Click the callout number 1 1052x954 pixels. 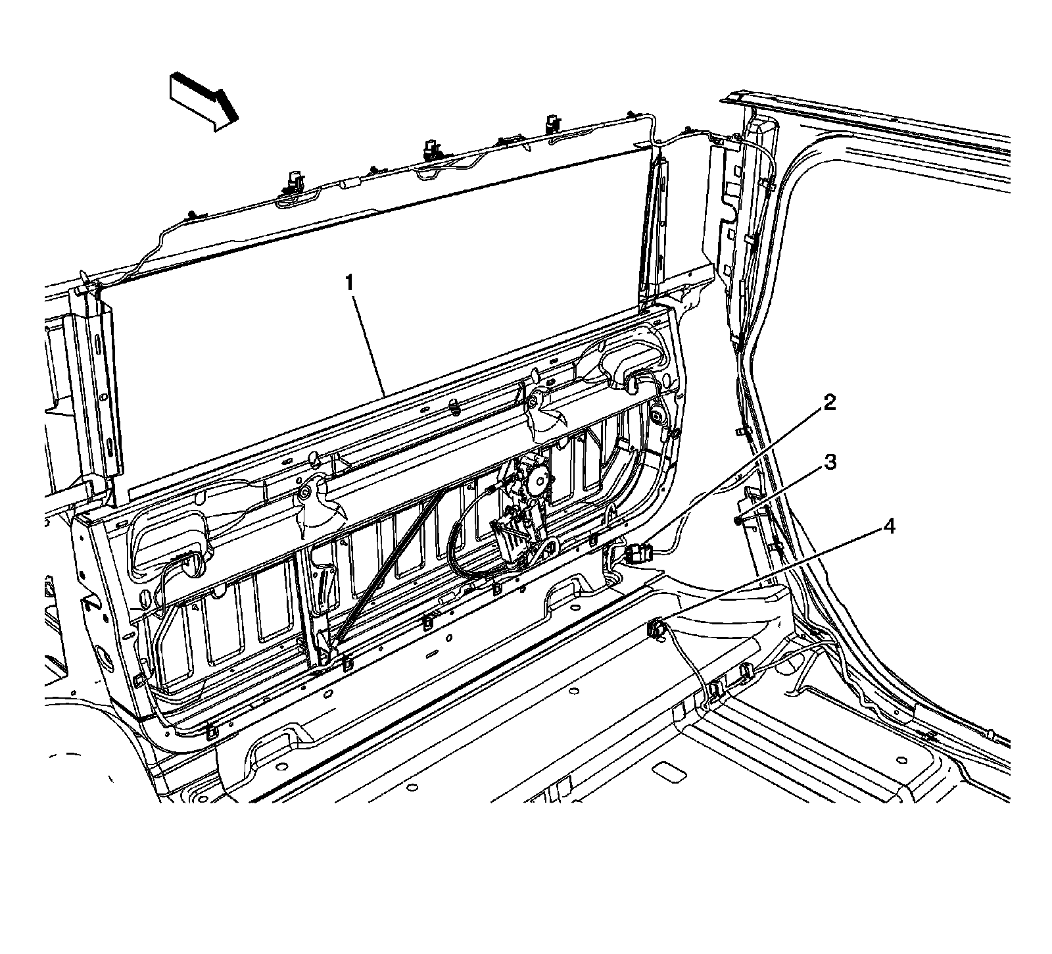[x=350, y=284]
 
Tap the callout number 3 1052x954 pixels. [x=830, y=463]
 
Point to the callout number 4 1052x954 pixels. [x=888, y=526]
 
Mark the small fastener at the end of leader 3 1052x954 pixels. [x=739, y=520]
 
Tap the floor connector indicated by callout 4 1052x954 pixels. [x=656, y=628]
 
